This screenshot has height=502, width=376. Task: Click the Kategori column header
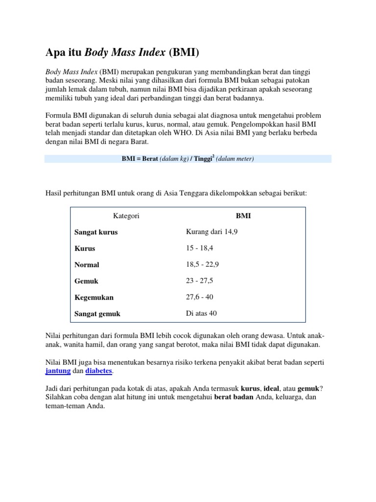pos(126,216)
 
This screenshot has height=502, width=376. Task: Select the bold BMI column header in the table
pos(243,216)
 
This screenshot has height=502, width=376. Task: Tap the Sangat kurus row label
pos(96,232)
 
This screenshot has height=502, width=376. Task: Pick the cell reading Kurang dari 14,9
pos(211,231)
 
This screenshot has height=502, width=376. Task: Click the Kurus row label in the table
pos(85,248)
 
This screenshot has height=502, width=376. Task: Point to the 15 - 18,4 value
pos(200,248)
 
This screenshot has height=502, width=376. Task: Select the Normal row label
pos(87,265)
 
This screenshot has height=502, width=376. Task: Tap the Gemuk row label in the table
pos(86,281)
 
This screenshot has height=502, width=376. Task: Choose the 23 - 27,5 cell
pos(200,280)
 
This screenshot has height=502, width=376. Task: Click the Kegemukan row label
pos(94,298)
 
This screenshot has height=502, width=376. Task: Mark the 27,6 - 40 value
pos(200,297)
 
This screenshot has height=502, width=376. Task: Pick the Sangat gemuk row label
pos(97,314)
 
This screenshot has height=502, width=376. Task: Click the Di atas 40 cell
pos(201,313)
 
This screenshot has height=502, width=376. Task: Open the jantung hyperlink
pos(58,372)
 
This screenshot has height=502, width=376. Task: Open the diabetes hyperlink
pos(99,372)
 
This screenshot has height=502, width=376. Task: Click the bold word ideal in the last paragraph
pos(271,388)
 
